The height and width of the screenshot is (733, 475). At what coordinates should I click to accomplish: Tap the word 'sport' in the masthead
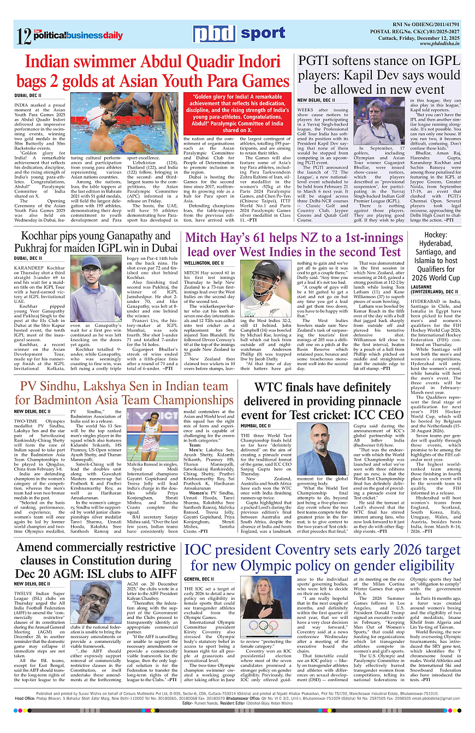(x=263, y=33)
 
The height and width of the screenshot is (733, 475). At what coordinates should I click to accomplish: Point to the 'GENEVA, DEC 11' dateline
(x=199, y=579)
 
